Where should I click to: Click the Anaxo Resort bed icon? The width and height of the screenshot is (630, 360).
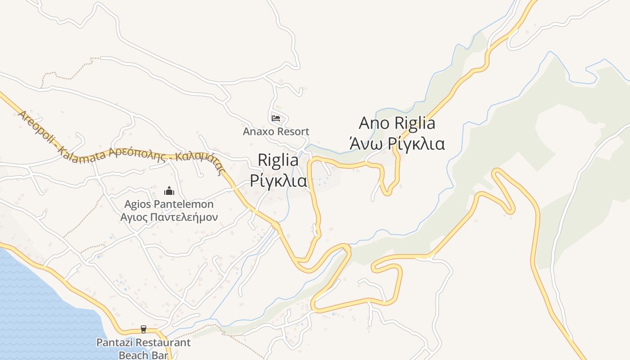tap(276, 118)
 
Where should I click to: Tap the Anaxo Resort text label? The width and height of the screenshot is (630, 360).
tap(276, 132)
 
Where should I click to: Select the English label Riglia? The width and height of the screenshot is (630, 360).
tap(278, 160)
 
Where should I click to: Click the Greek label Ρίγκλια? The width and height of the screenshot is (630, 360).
tap(278, 181)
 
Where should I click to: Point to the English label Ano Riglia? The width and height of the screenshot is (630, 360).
tap(397, 123)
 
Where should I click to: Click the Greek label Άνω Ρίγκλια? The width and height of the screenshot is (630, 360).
tap(397, 144)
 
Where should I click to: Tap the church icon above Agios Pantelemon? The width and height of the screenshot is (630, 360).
tap(169, 191)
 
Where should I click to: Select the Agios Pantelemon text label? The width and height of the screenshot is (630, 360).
tap(169, 205)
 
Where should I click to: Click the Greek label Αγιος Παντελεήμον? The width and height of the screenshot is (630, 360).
tap(169, 218)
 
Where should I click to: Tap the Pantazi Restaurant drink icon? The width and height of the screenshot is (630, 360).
tap(144, 329)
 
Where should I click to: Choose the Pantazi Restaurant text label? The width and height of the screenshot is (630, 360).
tap(144, 343)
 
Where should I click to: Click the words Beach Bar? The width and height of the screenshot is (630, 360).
tap(144, 355)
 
